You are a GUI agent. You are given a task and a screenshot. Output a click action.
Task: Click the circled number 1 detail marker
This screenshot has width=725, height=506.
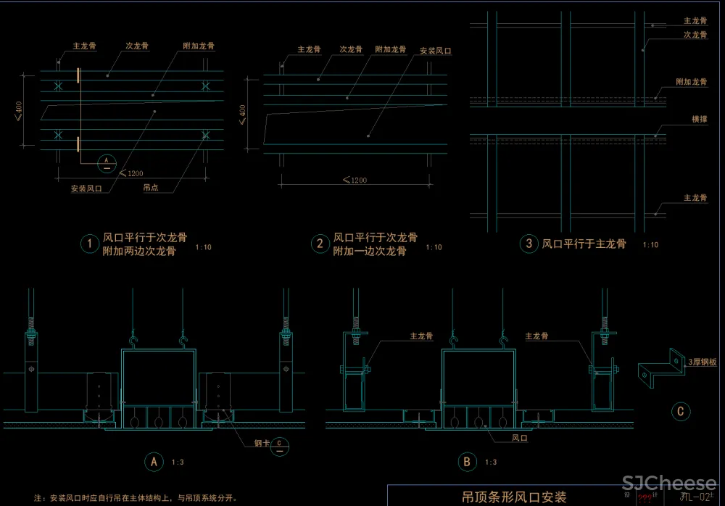coord(89,244)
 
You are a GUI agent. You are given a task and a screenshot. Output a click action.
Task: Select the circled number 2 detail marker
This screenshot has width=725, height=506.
coord(320,244)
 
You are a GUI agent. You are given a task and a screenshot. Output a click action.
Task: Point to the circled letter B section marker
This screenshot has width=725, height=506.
coord(465,461)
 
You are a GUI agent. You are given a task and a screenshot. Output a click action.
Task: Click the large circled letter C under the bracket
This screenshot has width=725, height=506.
coord(680,412)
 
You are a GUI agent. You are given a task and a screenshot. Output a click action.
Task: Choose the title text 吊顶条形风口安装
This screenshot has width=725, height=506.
coord(515,497)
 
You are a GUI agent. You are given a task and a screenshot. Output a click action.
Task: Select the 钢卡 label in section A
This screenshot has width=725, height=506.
coord(260,443)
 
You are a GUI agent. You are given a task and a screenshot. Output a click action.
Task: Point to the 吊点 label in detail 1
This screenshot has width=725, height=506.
coord(151,188)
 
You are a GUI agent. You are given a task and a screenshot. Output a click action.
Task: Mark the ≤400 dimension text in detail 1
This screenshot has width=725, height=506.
coord(18,109)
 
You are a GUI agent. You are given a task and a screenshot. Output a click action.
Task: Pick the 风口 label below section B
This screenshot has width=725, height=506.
coord(520,438)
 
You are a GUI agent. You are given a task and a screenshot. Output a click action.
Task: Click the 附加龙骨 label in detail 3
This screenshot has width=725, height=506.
coord(692,82)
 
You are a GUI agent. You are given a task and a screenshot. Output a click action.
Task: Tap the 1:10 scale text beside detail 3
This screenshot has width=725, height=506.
coord(650,245)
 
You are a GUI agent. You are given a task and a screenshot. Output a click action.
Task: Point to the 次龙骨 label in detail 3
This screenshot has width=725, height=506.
coord(695,34)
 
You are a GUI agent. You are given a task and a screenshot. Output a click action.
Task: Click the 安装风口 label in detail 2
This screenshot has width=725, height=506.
coord(436,51)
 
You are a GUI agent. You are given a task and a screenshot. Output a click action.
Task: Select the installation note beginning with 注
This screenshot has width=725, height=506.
coord(136,498)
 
